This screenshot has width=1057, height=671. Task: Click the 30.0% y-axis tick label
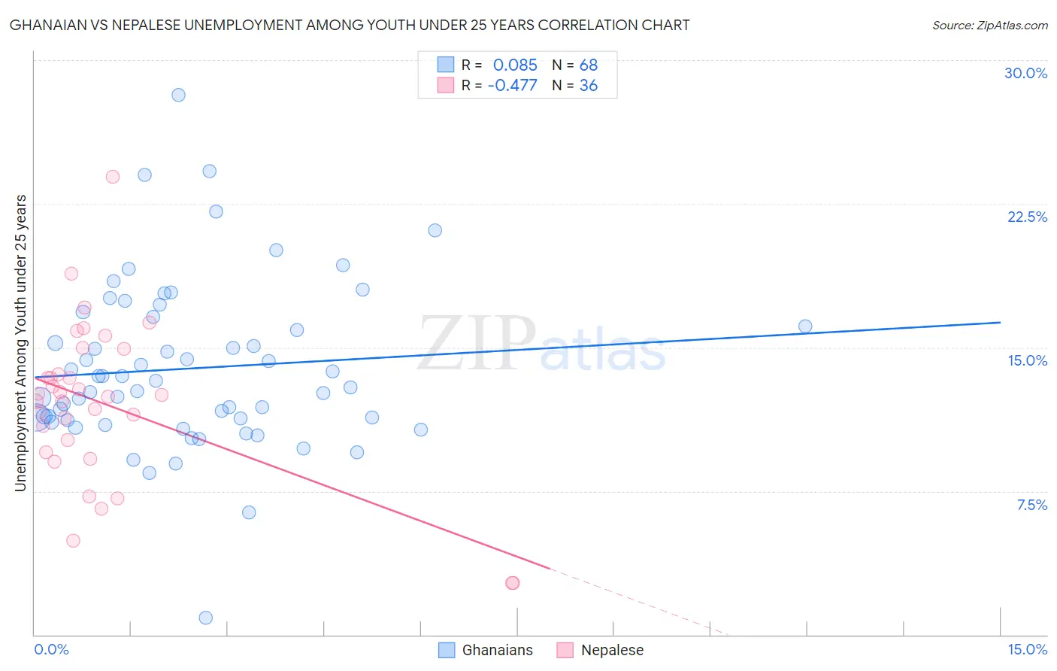[x=1025, y=73]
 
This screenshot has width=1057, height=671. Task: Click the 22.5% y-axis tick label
[x=1027, y=217]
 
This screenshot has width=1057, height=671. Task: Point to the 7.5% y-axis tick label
[x=1031, y=505]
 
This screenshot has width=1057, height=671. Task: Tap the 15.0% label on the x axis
[x=1027, y=649]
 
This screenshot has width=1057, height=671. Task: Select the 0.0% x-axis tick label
[x=51, y=649]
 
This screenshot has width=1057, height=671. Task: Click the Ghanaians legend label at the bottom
[x=497, y=650]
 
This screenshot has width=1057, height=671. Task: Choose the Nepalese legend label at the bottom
[x=612, y=650]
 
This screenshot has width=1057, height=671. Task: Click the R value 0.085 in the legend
[x=515, y=65]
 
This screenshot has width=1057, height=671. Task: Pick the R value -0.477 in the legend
[x=512, y=86]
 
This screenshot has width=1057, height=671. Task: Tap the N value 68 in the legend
[x=588, y=65]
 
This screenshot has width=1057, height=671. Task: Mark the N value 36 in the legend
[x=588, y=86]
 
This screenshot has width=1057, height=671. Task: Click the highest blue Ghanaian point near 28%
[x=178, y=95]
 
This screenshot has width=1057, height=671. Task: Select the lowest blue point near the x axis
[x=206, y=618]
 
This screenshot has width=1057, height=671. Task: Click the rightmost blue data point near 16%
[x=805, y=326]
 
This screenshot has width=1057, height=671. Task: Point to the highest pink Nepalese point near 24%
[x=113, y=177]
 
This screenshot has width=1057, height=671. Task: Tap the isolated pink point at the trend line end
[x=513, y=583]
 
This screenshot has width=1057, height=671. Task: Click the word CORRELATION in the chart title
[x=598, y=26]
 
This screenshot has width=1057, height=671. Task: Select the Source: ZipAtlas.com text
[x=989, y=26]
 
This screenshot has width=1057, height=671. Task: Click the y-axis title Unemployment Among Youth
[x=21, y=342]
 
